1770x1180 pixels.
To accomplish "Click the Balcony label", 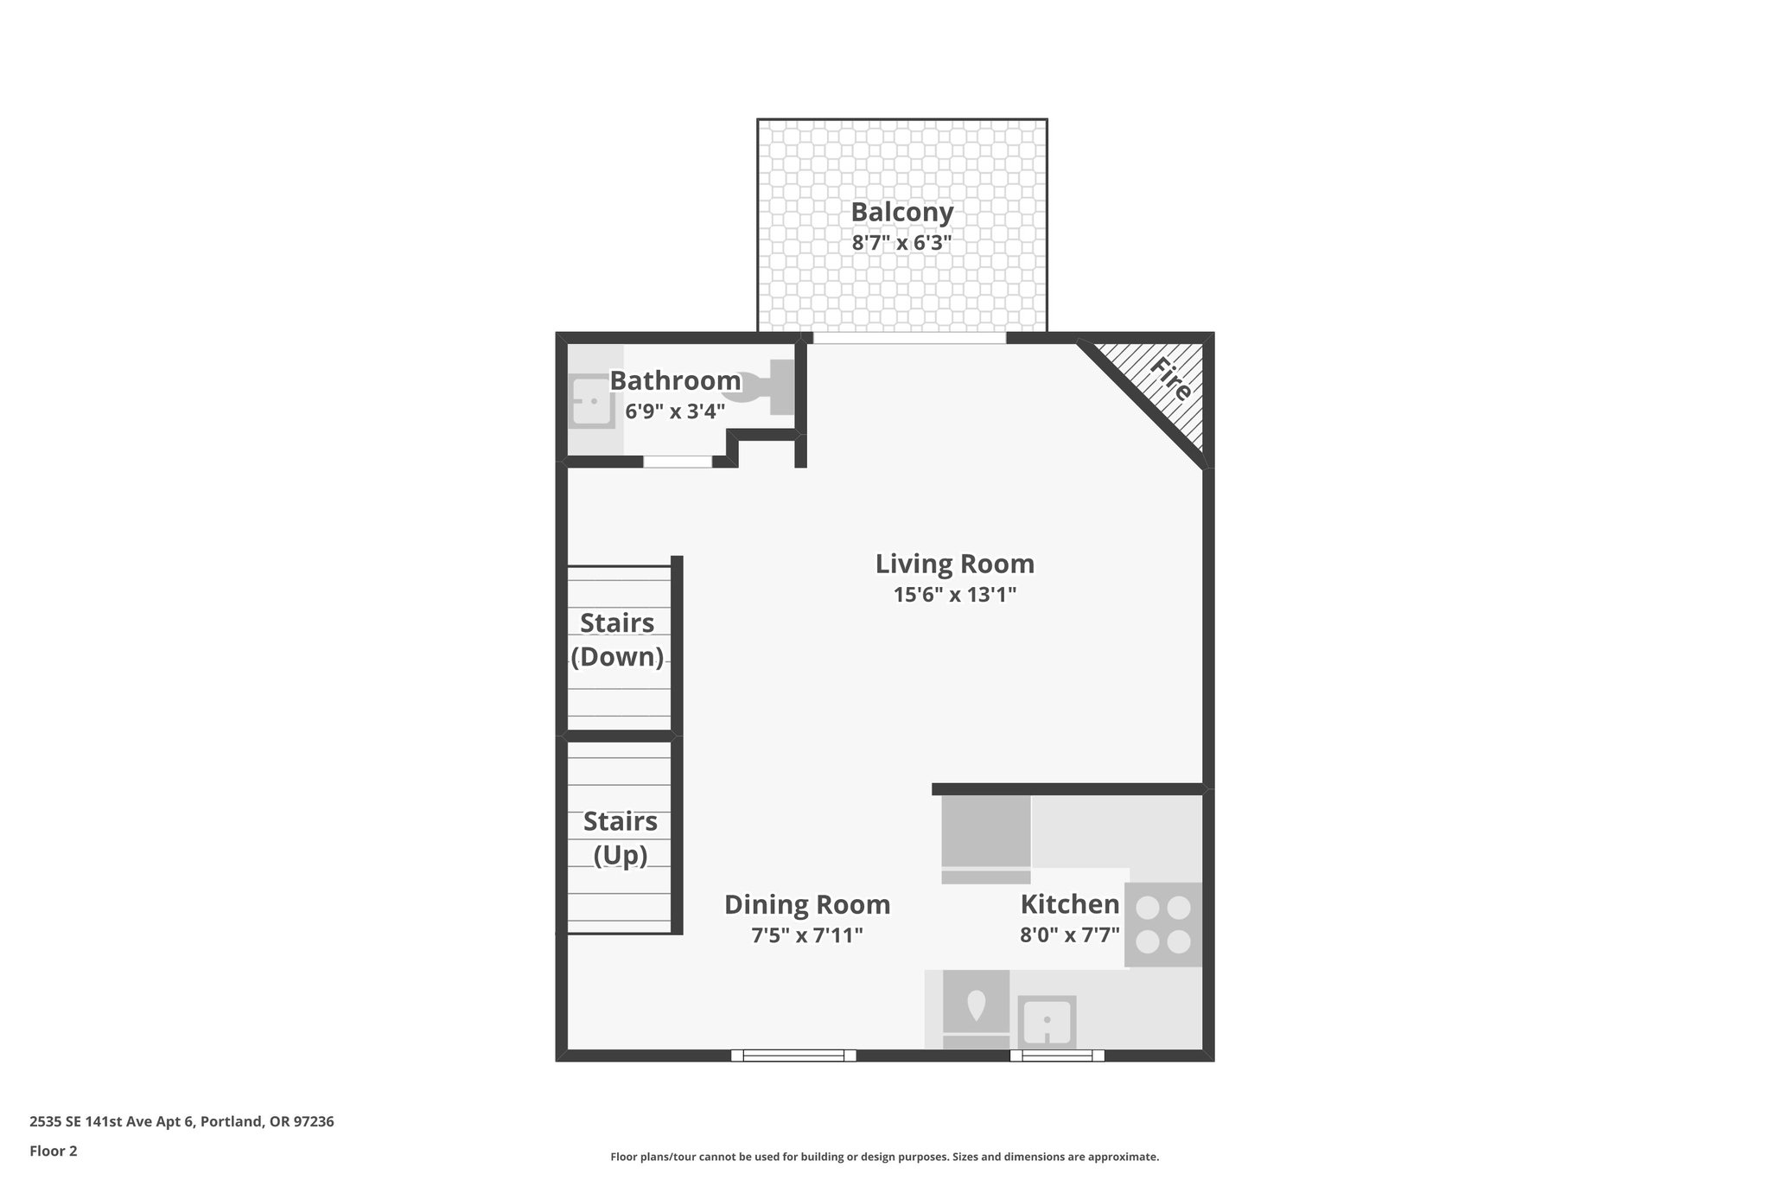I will coord(901,212).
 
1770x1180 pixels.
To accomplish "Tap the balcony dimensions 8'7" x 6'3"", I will coord(901,243).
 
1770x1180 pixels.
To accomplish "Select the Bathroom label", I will coord(675,380).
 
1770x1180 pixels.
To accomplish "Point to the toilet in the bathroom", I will coord(761,386).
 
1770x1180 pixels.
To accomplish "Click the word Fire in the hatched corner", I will coord(1170,380).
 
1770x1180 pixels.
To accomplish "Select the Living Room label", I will coord(954,564).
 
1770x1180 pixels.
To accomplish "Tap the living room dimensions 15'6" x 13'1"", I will coord(954,595).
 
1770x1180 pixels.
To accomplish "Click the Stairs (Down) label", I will coord(617,640).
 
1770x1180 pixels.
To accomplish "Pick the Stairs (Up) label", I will coord(620,838).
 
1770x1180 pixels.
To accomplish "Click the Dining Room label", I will coord(806,904).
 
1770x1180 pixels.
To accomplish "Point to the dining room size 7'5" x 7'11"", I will coord(806,935).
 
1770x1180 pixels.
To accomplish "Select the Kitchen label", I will coord(1069,904).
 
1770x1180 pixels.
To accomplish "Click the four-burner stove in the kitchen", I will coord(1162,924).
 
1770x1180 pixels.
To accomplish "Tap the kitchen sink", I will coord(1047,1021).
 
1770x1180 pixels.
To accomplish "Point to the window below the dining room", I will coord(793,1055).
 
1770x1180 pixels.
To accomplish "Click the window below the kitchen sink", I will coord(1057,1055).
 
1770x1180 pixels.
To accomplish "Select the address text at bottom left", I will coord(181,1121).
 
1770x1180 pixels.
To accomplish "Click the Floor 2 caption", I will coord(54,1151).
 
